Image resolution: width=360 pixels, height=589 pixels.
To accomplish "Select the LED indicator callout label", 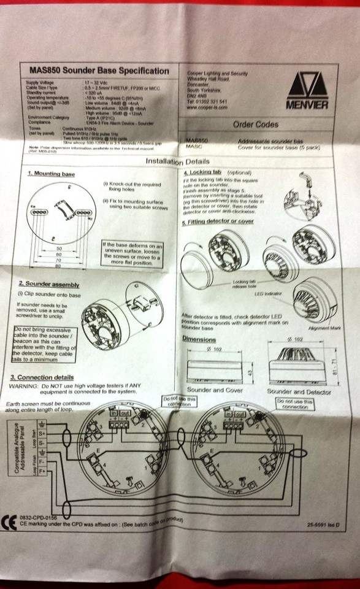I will pyautogui.click(x=268, y=294).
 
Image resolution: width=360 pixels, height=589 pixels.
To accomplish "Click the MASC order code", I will pyautogui.click(x=193, y=147).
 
